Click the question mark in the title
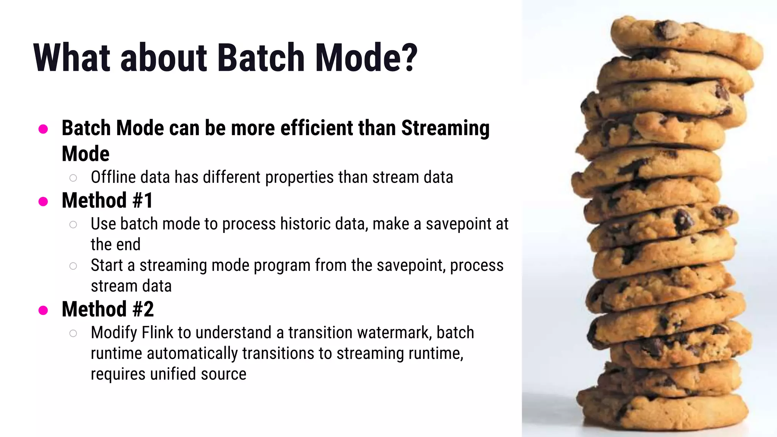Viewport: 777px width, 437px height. click(x=410, y=58)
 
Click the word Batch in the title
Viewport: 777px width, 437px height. click(x=261, y=58)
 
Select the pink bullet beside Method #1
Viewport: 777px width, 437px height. click(x=43, y=201)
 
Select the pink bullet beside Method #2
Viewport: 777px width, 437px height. click(x=43, y=310)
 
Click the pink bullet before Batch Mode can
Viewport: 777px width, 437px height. click(x=43, y=129)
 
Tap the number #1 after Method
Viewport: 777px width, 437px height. click(x=143, y=200)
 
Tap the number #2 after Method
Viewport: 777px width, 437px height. click(x=143, y=309)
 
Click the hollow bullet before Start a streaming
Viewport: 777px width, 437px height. click(x=73, y=266)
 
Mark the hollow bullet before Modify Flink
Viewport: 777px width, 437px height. click(x=73, y=333)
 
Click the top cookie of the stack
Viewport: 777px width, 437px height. click(x=683, y=38)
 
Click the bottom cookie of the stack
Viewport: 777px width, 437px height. click(x=664, y=412)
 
